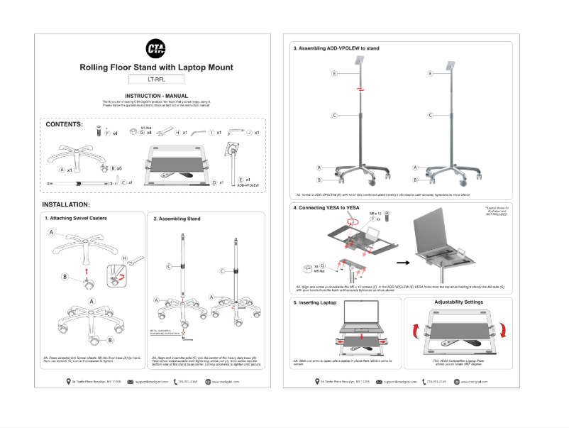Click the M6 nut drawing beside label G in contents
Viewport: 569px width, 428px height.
click(x=133, y=131)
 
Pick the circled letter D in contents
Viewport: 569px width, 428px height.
click(x=214, y=182)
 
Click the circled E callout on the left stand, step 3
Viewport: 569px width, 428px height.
click(x=333, y=73)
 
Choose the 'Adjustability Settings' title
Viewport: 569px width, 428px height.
click(x=458, y=302)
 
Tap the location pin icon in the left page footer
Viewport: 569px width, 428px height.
click(x=67, y=381)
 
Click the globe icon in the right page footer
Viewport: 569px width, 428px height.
click(x=456, y=381)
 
